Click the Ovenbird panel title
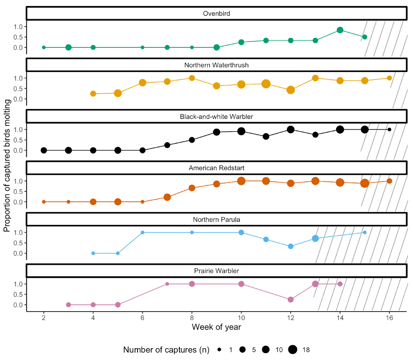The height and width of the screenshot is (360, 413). click(x=216, y=14)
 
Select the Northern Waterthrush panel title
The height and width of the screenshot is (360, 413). click(x=216, y=65)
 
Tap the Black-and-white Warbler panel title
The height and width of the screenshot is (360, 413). click(x=216, y=117)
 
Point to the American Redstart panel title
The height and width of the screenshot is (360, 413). click(x=216, y=168)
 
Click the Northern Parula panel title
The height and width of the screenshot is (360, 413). click(x=216, y=219)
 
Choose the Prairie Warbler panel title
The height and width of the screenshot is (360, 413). click(x=216, y=271)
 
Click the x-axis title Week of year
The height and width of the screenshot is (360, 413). click(x=216, y=327)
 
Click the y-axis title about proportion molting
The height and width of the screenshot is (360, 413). click(x=7, y=165)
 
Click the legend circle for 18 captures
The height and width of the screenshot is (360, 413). click(x=293, y=350)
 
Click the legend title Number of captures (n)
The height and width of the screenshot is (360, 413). click(x=166, y=350)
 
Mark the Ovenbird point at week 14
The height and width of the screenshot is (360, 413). click(x=340, y=30)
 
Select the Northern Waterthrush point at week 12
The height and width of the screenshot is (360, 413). click(x=291, y=90)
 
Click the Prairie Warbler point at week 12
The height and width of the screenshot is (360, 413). click(x=291, y=299)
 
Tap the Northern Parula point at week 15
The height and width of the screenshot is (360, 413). click(x=365, y=232)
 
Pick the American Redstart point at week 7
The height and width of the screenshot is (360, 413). click(x=167, y=197)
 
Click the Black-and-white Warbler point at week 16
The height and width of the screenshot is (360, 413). click(x=389, y=129)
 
